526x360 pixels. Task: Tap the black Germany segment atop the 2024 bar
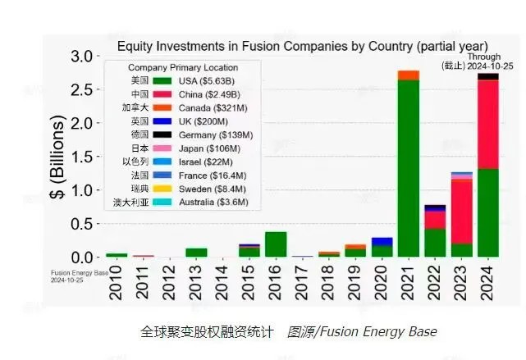point(488,76)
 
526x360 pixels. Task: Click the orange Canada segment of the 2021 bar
point(408,75)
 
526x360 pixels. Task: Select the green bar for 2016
point(276,244)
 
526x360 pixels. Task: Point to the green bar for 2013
point(196,253)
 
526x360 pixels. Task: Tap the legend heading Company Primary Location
point(183,67)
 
